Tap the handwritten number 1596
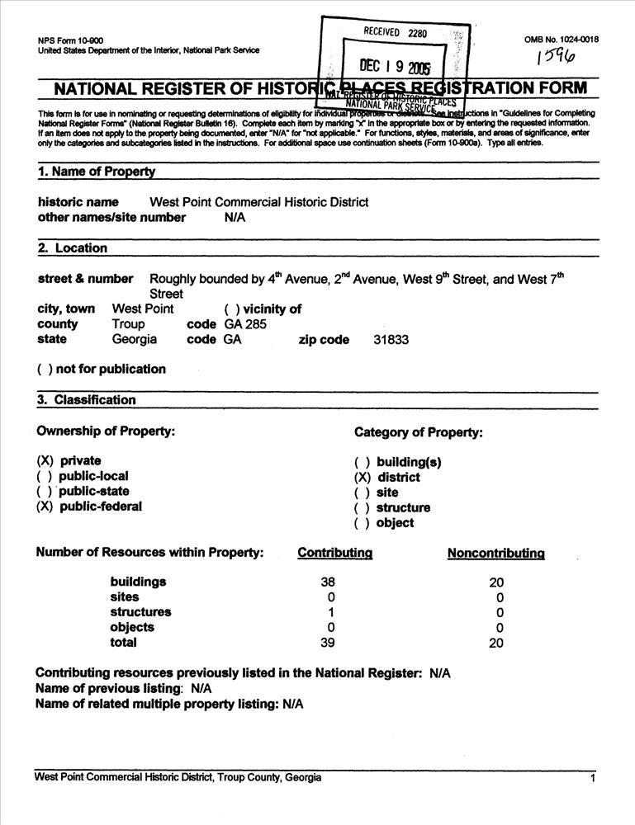[x=556, y=57]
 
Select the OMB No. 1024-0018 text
[x=562, y=40]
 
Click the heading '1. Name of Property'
[x=97, y=172]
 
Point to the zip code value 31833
[x=391, y=339]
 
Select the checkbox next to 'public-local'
[x=45, y=476]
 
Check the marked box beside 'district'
[x=362, y=477]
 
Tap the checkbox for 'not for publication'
[x=45, y=369]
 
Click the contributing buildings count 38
[x=328, y=582]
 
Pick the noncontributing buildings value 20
[x=496, y=582]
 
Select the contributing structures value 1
[x=330, y=612]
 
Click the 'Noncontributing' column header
[x=495, y=553]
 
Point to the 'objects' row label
[x=132, y=627]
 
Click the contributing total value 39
[x=328, y=643]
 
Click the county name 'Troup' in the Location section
[x=128, y=324]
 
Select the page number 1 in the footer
[x=593, y=779]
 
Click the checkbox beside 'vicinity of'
[x=232, y=309]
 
